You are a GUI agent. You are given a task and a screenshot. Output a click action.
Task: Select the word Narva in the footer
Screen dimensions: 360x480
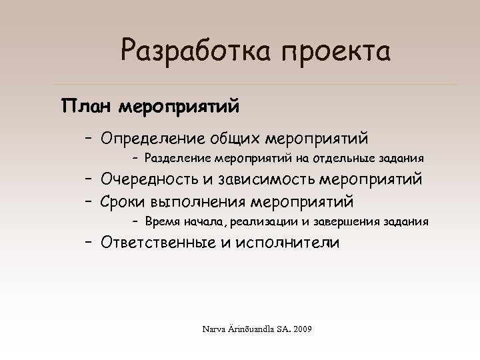(215, 330)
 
